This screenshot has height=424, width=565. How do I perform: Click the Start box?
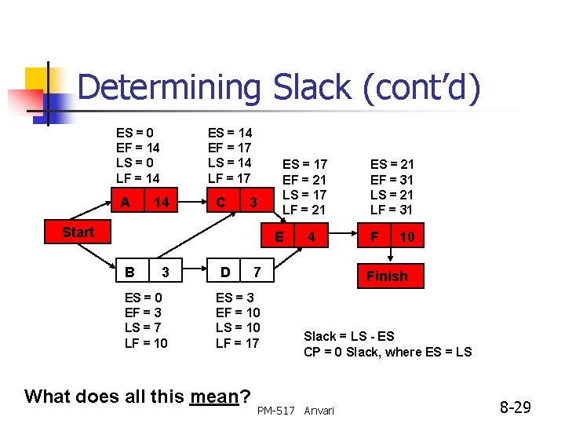pos(78,232)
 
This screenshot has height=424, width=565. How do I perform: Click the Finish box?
pos(387,276)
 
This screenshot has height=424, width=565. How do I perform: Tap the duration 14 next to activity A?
pos(161,203)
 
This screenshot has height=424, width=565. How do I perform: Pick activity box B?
pos(129,272)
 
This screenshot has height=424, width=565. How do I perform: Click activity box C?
pos(221,203)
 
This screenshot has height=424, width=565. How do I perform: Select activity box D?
pos(224,272)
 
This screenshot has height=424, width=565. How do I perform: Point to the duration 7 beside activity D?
pos(256,272)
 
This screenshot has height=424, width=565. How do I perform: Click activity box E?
pos(279,236)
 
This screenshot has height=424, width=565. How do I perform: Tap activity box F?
pos(374,236)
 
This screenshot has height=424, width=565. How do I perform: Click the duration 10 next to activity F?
pos(406,236)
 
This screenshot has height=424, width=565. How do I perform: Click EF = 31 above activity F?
pos(392,179)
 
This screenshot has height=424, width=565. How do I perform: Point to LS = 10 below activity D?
pos(237,327)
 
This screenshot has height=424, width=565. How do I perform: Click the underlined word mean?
pos(214,397)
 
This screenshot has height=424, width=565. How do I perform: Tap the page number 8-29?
pos(516,408)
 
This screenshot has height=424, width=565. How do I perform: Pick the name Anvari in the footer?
pos(319,411)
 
